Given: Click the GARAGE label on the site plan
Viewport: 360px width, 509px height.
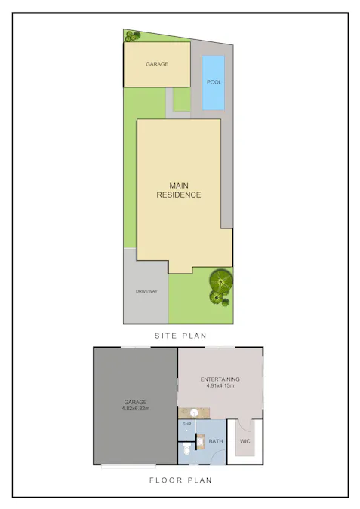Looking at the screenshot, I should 157,64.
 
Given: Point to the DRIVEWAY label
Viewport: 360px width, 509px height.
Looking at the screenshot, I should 146,291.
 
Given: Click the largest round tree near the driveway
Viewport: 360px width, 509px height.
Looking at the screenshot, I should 221,282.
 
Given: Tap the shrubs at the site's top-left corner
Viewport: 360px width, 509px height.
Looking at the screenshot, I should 132,35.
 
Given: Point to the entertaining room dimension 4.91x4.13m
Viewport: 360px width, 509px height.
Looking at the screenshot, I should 220,385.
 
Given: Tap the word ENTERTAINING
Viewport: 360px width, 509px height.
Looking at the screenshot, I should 220,379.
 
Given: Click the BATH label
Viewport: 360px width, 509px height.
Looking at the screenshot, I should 215,440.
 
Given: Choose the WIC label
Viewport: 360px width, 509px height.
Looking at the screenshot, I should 245,440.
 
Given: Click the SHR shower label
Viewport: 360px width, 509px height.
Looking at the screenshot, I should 186,424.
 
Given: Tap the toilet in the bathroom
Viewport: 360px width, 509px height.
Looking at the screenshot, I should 186,451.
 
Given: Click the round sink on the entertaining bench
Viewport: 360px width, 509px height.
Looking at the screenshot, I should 194,413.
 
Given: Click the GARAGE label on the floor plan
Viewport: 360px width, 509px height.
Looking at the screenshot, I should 136,402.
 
